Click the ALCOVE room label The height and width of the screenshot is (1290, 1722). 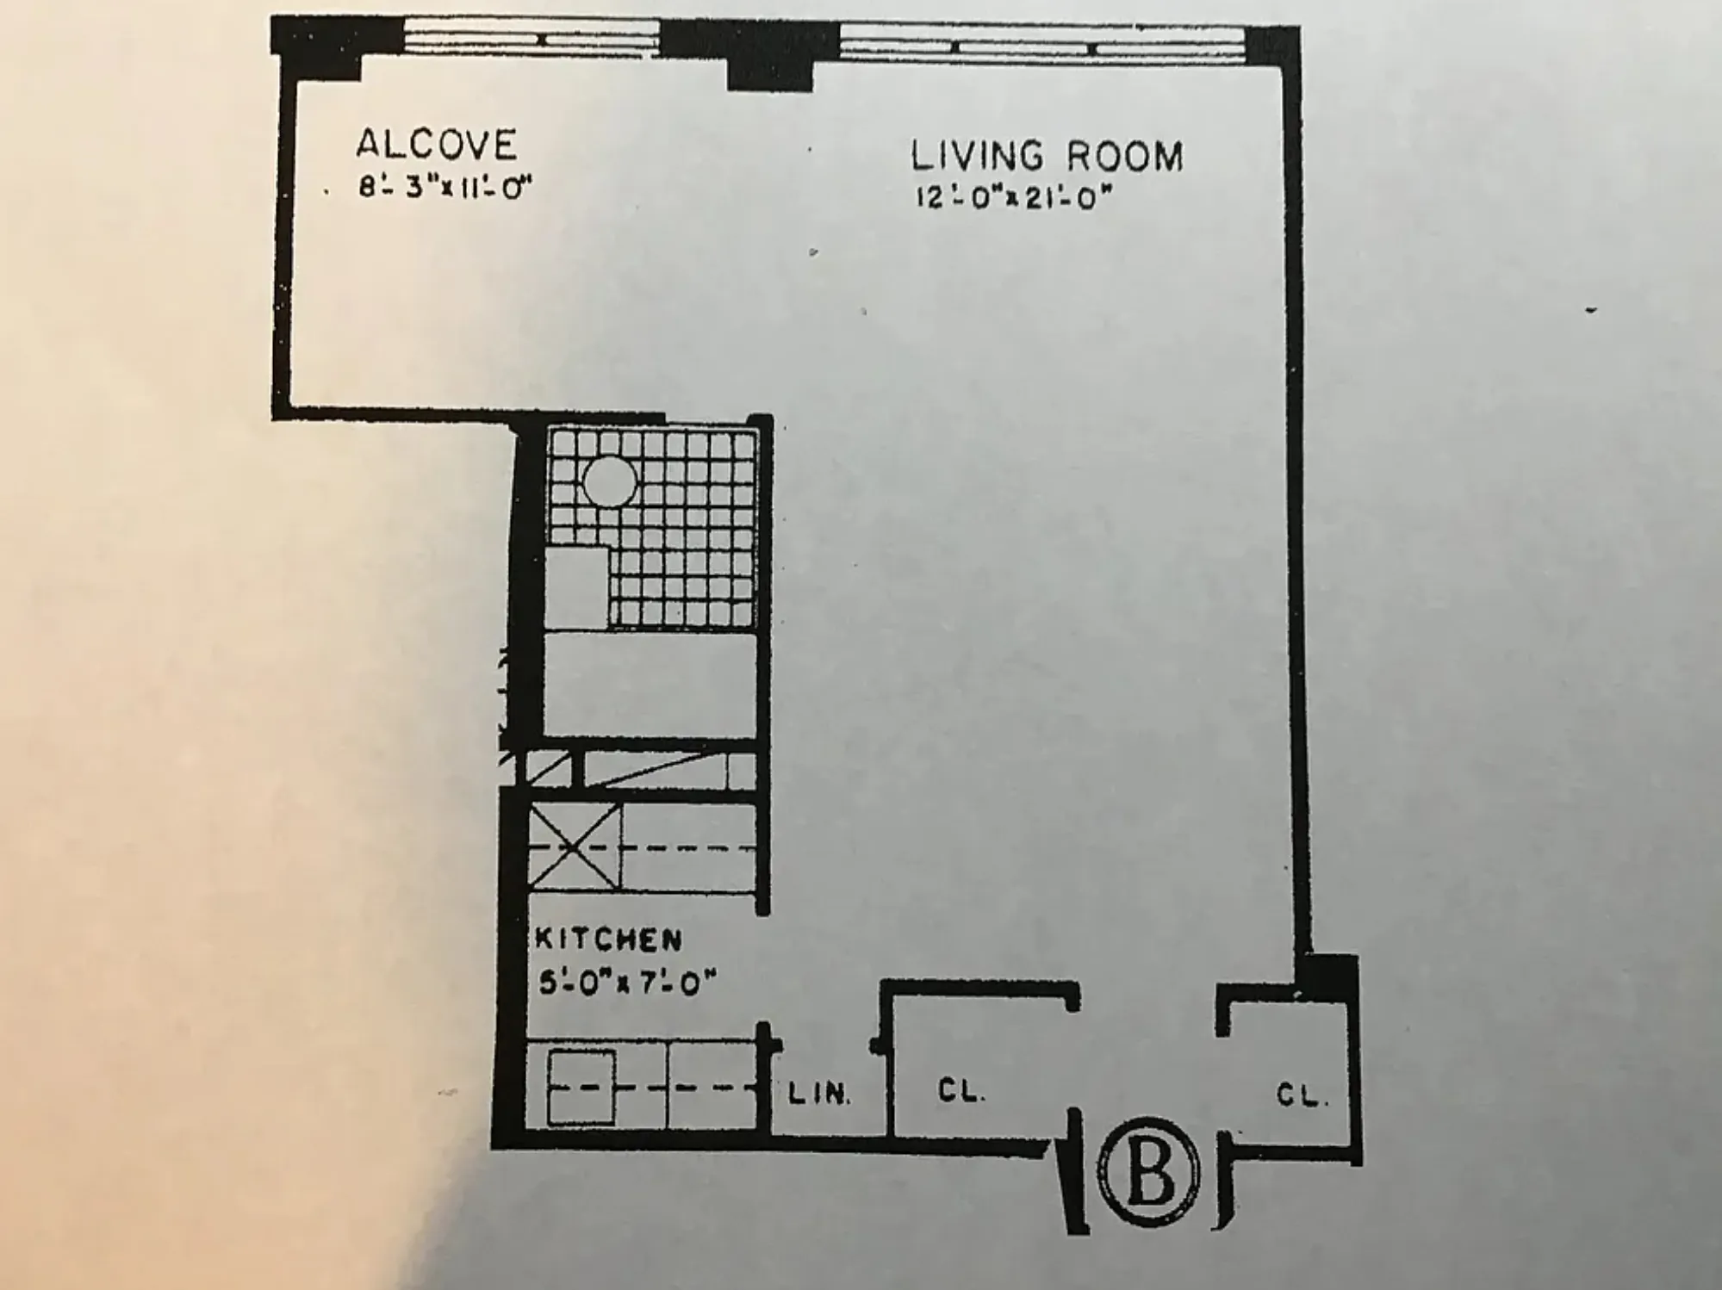[x=437, y=144]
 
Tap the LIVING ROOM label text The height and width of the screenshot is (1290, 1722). [x=1047, y=157]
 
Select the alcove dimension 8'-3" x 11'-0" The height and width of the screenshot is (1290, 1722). [x=444, y=188]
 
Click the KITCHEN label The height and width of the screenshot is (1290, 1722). [x=608, y=939]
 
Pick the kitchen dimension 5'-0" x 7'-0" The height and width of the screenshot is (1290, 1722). [x=626, y=982]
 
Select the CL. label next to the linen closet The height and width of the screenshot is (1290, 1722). [x=961, y=1091]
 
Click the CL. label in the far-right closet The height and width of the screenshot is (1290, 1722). [x=1302, y=1095]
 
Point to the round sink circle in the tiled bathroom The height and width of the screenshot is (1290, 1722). [x=609, y=481]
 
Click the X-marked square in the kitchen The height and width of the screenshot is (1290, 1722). [x=573, y=847]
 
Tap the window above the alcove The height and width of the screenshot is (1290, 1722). [x=531, y=40]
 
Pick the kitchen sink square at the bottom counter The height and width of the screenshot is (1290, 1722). [x=581, y=1087]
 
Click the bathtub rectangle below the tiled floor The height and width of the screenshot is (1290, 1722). [x=650, y=685]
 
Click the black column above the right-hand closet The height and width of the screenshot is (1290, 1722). [x=1327, y=976]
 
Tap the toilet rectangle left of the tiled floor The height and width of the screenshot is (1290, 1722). [x=575, y=588]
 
